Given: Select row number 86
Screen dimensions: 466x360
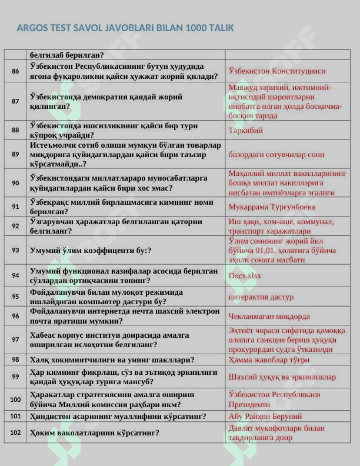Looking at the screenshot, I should pos(15,71).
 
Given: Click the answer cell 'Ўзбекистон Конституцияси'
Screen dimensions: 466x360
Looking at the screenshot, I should pos(276,71).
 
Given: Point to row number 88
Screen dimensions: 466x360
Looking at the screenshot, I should pos(15,131).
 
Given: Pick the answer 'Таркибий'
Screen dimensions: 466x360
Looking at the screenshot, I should pos(246,131).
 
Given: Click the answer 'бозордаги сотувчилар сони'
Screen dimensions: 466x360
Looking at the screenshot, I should pos(276,155).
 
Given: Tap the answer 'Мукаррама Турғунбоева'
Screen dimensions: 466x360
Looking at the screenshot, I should pos(272,207).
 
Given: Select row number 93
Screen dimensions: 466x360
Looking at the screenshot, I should pos(15,250).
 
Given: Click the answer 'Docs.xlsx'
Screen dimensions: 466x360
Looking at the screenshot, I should pos(245,275).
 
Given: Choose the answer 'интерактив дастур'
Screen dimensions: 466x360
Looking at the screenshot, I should pos(261,297).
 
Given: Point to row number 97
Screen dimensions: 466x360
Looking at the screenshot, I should pos(15,339).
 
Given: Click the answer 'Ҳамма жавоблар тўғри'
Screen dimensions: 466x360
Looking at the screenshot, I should pos(269,360).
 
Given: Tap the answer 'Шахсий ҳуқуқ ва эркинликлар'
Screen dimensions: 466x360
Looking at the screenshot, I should pos(282,377).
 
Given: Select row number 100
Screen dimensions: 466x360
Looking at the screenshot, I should pos(15,400).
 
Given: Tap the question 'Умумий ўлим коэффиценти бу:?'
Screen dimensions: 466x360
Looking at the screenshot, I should pos(91,250).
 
